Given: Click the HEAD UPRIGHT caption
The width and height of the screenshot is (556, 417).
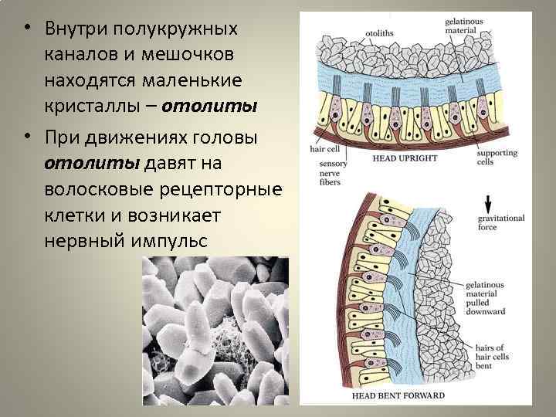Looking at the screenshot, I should coord(405,158).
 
